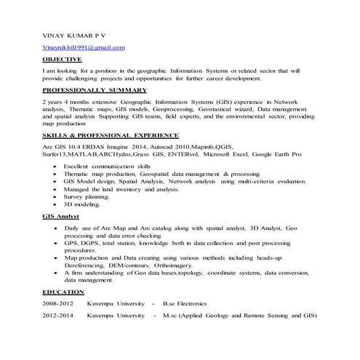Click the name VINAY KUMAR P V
tap(73, 34)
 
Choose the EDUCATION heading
tap(63, 292)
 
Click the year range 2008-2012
tap(59, 303)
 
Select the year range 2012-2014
tap(59, 316)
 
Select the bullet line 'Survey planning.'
tap(87, 196)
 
